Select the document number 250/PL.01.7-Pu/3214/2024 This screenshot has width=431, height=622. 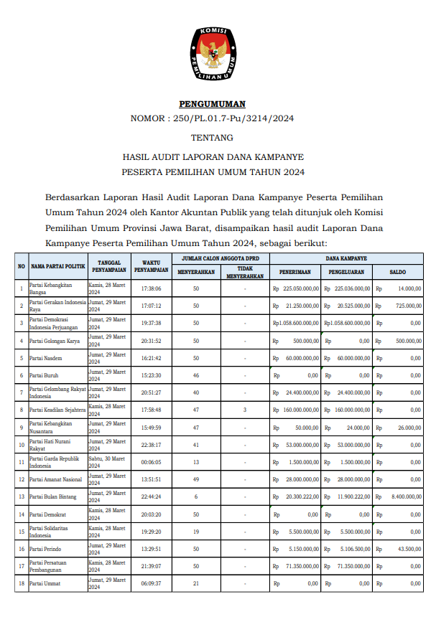[237, 118]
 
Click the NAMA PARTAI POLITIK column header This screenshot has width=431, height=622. [58, 266]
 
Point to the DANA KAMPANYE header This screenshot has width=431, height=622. [346, 258]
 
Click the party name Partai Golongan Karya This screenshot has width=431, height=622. [55, 340]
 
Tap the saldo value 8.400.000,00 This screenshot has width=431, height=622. [406, 496]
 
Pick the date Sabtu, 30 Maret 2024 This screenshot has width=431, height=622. [107, 461]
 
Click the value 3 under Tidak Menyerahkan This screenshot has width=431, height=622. [245, 410]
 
